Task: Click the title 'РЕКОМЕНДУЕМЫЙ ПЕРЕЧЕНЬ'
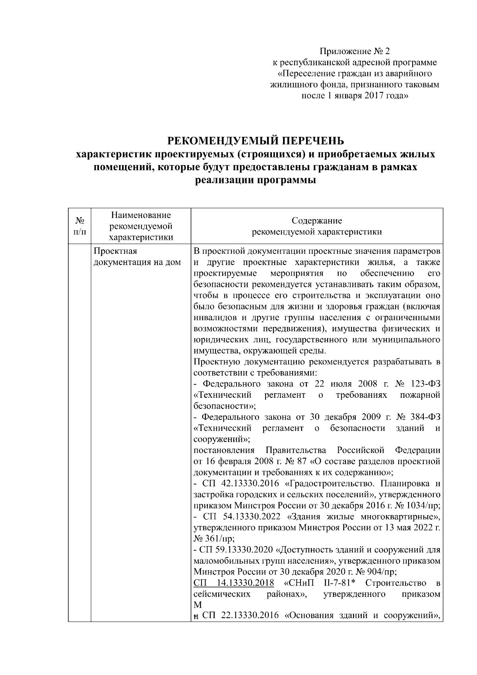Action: pyautogui.click(x=255, y=141)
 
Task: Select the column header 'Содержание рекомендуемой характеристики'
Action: pyautogui.click(x=317, y=226)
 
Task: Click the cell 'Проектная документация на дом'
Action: pyautogui.click(x=136, y=257)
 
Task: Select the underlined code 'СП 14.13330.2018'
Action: pyautogui.click(x=234, y=583)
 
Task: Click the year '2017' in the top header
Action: pyautogui.click(x=373, y=96)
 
